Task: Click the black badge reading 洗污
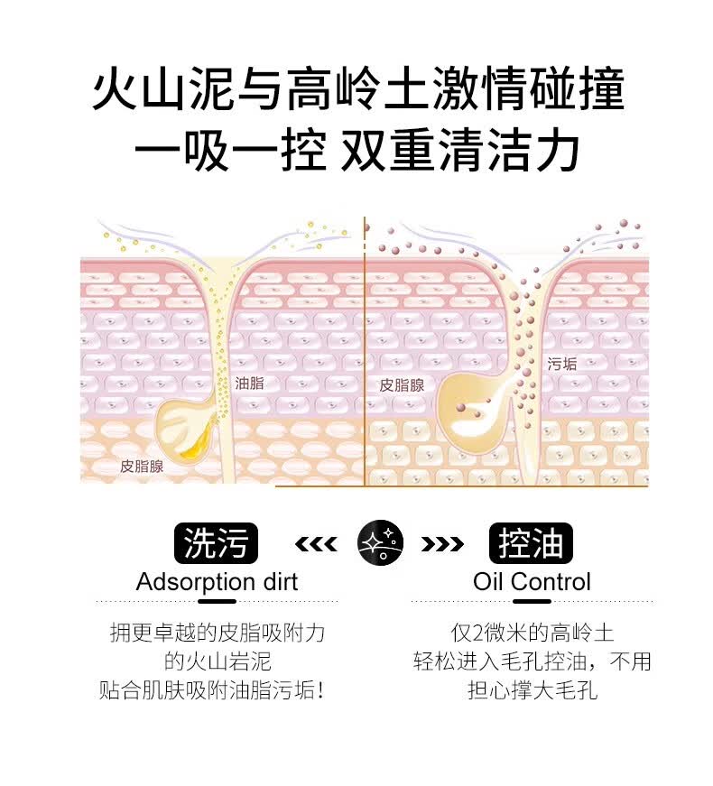[215, 543]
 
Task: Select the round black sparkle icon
[380, 543]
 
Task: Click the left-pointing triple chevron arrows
[316, 543]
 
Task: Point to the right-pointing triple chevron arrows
[442, 543]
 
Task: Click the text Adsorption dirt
[217, 582]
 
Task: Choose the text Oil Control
[532, 582]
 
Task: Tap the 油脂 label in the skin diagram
[249, 383]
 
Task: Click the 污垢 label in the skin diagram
[562, 365]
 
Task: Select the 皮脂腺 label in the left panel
[142, 467]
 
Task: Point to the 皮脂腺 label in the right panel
[402, 384]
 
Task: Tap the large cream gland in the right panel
[474, 411]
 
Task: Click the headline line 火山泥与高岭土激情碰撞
[358, 93]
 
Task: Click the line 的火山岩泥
[217, 661]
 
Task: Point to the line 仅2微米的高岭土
[532, 633]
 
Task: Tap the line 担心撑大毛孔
[532, 690]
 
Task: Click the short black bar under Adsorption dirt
[217, 601]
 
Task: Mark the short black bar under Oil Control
[532, 601]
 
